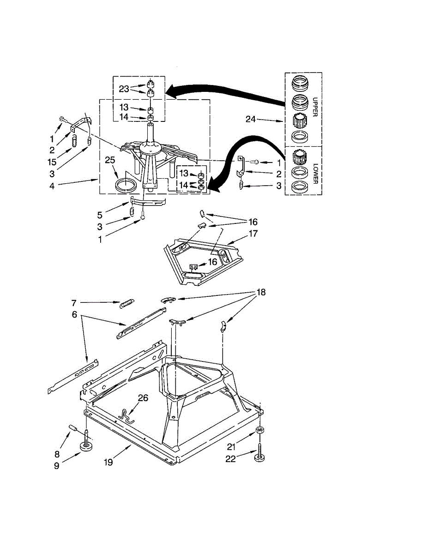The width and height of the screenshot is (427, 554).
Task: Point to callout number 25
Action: click(109, 160)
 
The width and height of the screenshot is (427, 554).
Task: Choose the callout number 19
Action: click(109, 460)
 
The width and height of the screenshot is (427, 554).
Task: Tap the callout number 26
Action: click(143, 398)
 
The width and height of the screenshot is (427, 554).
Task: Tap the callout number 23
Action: click(124, 89)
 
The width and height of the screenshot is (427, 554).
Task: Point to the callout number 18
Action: click(261, 292)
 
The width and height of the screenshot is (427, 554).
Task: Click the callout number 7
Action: click(73, 302)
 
